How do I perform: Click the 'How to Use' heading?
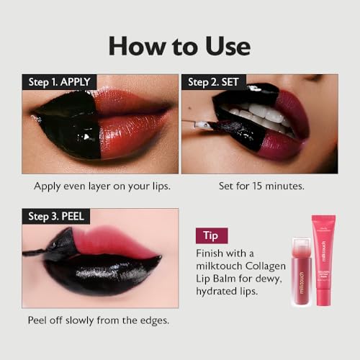point(179,46)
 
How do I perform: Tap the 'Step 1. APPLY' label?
point(59,82)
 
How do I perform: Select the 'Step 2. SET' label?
point(214,82)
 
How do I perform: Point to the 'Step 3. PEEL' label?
point(56,217)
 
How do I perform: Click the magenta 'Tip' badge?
point(212,235)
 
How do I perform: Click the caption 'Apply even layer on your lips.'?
point(102,186)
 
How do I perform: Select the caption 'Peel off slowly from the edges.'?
point(99,320)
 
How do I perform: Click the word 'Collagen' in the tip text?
point(266,266)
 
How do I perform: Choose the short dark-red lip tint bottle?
point(302,271)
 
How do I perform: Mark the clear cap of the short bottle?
point(302,247)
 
